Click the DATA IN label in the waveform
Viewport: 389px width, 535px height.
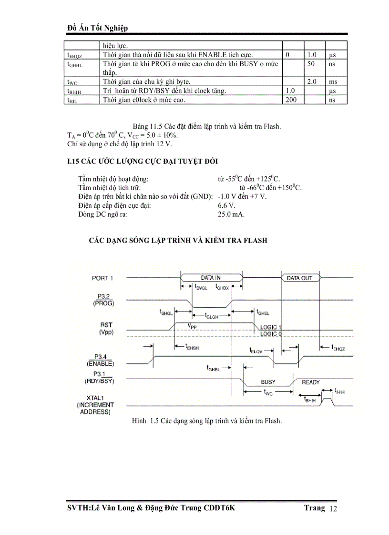(x=211, y=277)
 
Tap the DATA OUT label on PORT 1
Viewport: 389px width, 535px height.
(x=299, y=278)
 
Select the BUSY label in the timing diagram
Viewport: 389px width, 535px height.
(x=268, y=382)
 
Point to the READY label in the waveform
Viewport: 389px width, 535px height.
(x=311, y=382)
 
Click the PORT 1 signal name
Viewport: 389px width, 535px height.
(x=102, y=278)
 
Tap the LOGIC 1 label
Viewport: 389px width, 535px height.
(x=271, y=327)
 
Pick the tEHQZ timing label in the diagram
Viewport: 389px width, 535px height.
(x=338, y=348)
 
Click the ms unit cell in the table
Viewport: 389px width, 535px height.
(x=332, y=82)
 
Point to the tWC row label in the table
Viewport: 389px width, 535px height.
(x=72, y=82)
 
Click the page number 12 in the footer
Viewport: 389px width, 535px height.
(x=333, y=510)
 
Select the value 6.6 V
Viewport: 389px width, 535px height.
(x=226, y=205)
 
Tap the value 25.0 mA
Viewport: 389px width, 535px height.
(x=231, y=214)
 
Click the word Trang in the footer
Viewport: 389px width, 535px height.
(x=315, y=508)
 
